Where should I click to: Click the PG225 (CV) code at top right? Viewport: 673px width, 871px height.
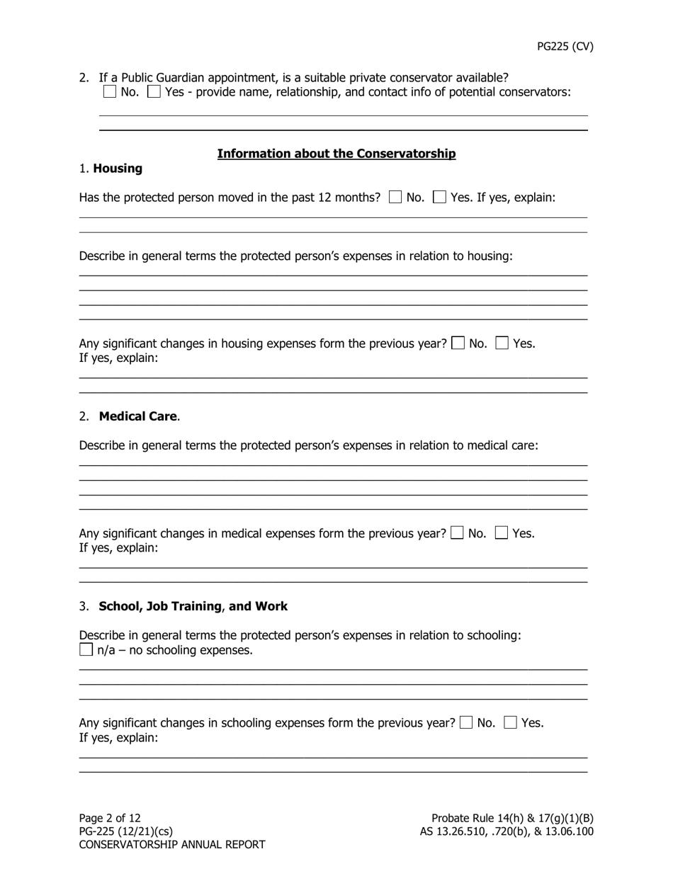(x=565, y=47)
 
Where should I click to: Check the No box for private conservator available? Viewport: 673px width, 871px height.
(x=109, y=92)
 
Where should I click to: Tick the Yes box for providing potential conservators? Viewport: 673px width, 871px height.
(x=154, y=92)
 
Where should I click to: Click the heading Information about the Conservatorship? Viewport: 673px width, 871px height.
(x=336, y=154)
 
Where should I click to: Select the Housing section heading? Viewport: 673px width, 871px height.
(x=118, y=169)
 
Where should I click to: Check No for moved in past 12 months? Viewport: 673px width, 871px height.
(x=395, y=198)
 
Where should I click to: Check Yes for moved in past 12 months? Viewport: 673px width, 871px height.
(x=440, y=198)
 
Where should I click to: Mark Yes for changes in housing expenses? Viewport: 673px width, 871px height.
(x=502, y=343)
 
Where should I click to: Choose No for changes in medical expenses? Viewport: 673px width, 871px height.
(x=458, y=533)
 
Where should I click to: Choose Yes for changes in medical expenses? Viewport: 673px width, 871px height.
(x=502, y=533)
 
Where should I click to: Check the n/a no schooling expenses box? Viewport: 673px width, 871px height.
(x=86, y=650)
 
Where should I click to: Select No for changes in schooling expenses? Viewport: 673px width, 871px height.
(x=466, y=723)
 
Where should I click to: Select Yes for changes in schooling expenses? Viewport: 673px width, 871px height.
(x=511, y=723)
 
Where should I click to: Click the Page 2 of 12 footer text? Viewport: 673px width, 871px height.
(x=110, y=818)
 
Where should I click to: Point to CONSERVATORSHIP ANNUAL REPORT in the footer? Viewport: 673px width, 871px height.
(x=172, y=844)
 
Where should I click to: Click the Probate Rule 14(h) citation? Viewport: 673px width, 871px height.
(x=512, y=818)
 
